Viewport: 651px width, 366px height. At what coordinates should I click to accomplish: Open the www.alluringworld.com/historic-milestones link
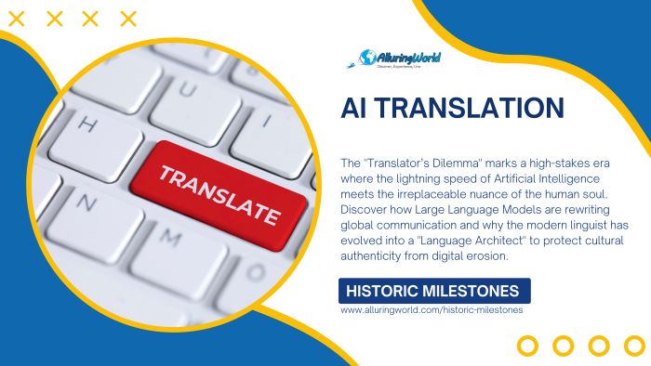pos(432,310)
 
